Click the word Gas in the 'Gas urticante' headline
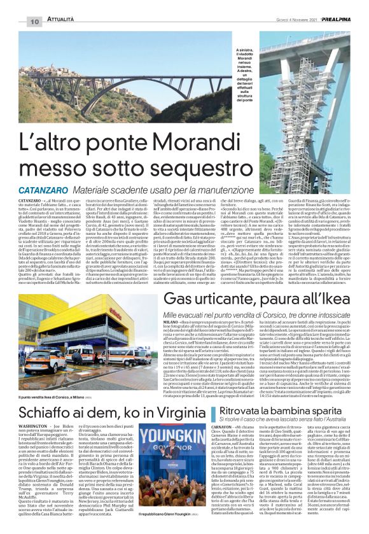coord(163,300)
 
